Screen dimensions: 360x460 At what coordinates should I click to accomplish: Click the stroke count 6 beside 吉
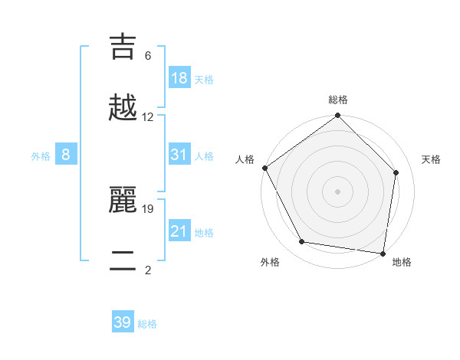point(148,56)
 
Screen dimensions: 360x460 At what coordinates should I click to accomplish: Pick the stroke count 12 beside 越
point(148,117)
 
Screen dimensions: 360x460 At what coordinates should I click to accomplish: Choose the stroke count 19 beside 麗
point(148,208)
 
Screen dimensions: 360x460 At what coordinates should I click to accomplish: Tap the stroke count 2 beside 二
point(148,270)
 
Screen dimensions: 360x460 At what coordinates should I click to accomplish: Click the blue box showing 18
point(179,77)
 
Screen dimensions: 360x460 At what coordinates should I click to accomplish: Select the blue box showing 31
point(179,155)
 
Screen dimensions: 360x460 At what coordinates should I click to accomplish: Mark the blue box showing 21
point(179,231)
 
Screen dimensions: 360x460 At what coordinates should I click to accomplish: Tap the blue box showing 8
point(66,155)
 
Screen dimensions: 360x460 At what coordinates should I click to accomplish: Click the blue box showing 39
point(123,322)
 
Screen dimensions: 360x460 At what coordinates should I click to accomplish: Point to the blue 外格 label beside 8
point(41,156)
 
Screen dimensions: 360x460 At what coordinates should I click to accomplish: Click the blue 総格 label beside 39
point(147,324)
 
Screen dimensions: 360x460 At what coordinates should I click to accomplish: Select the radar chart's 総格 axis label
point(338,100)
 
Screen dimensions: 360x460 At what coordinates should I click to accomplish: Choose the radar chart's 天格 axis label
point(432,159)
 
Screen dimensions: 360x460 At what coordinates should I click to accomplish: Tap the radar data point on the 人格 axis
point(265,168)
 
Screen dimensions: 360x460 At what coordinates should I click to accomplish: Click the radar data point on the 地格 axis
point(383,253)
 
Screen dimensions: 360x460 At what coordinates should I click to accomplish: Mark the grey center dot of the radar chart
point(338,191)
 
